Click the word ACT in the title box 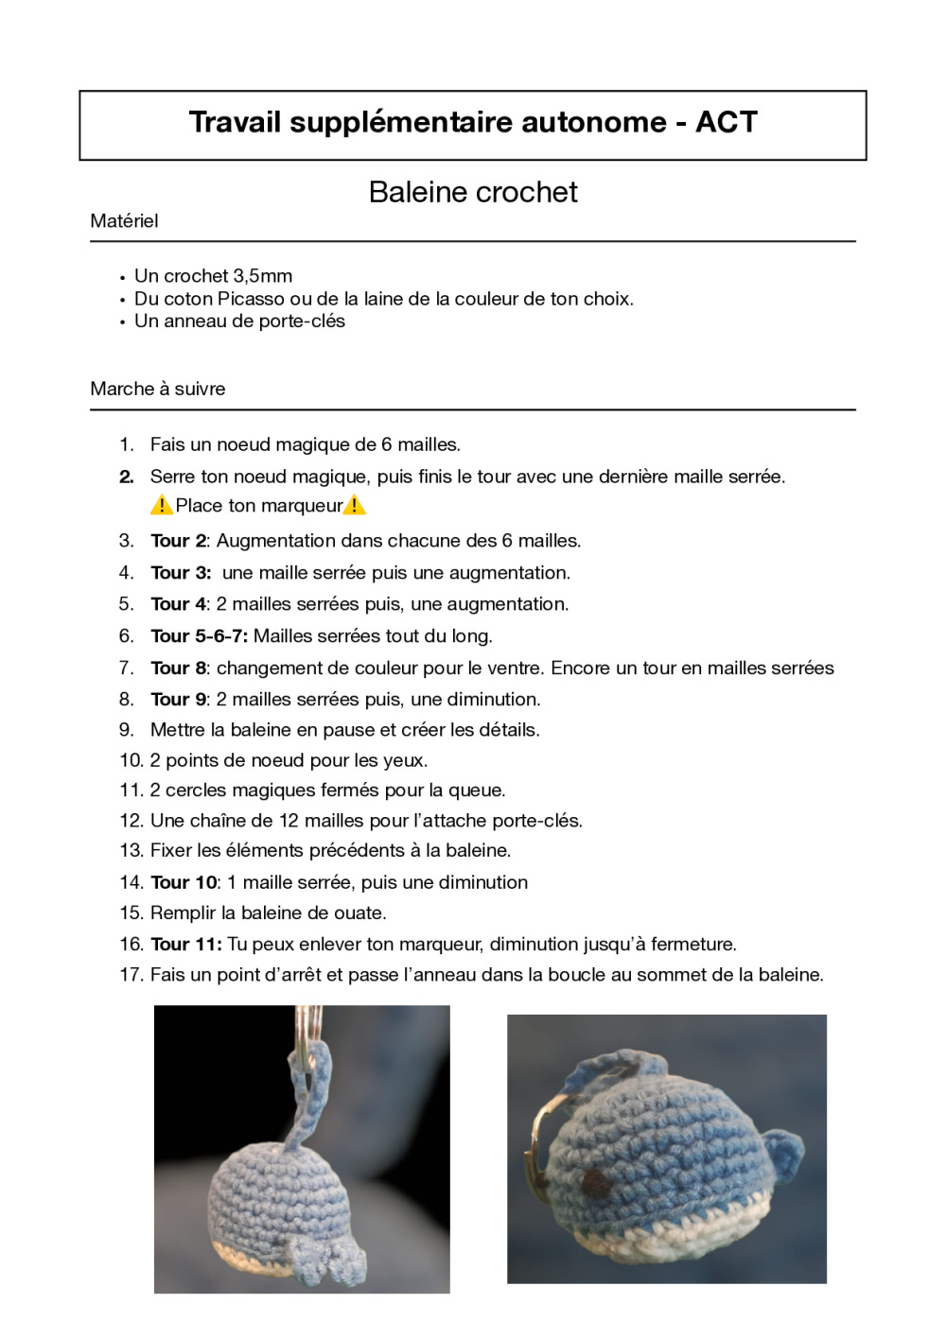[726, 122]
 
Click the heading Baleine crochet [473, 192]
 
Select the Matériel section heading [124, 221]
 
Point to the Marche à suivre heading [158, 389]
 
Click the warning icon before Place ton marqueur [161, 506]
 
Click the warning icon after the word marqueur [355, 506]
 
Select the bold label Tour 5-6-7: [199, 636]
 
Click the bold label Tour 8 [178, 669]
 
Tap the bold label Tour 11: [186, 945]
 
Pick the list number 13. [131, 851]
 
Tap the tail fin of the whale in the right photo [784, 1155]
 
